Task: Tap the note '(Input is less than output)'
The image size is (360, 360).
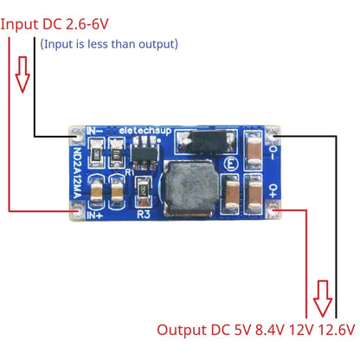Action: pyautogui.click(x=110, y=43)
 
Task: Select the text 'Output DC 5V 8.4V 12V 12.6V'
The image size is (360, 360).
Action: pyautogui.click(x=256, y=330)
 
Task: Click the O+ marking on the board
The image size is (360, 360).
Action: pyautogui.click(x=271, y=190)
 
